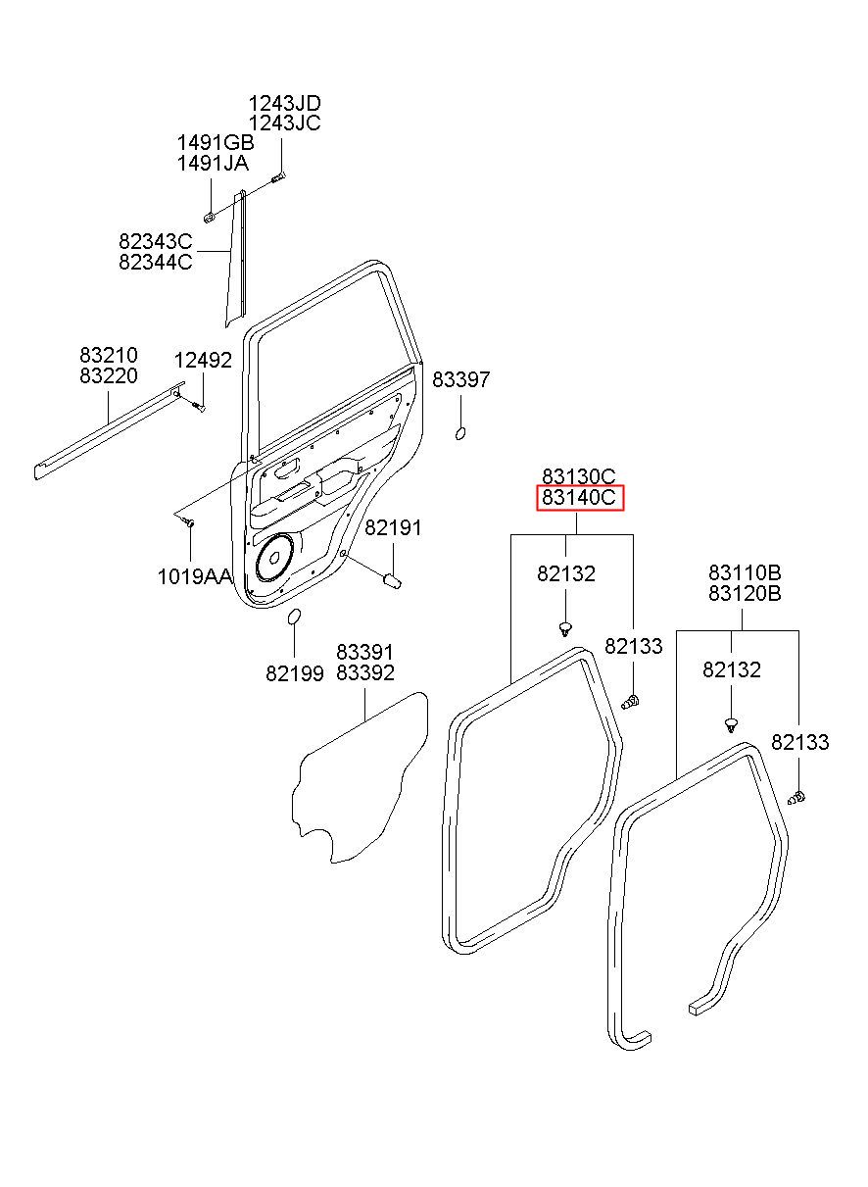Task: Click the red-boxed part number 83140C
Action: click(580, 498)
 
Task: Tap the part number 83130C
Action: click(579, 477)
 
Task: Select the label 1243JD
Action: click(285, 103)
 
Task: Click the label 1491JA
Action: click(213, 164)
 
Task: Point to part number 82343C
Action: click(155, 242)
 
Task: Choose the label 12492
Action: click(203, 361)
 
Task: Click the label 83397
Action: click(460, 379)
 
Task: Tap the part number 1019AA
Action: click(194, 576)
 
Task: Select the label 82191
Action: click(393, 527)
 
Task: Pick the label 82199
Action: click(295, 673)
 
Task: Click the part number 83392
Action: click(365, 673)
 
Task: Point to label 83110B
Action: click(745, 572)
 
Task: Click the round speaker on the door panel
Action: click(274, 558)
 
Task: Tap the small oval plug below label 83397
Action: click(460, 433)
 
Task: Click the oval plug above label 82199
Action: click(294, 617)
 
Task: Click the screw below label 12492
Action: click(198, 407)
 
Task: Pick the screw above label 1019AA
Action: click(190, 523)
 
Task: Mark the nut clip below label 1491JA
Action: click(210, 217)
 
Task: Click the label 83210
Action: click(109, 355)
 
